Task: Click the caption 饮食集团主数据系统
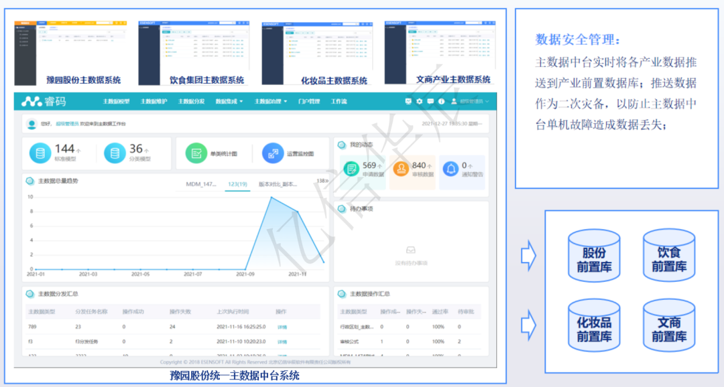pos(202,80)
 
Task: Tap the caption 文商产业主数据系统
pos(453,80)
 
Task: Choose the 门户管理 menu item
pos(309,102)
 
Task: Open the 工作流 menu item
pos(339,102)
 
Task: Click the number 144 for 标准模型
pos(64,149)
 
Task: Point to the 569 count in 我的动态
pos(369,165)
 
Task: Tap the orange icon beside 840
pos(401,169)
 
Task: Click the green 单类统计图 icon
pos(195,153)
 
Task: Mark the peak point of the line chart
pos(271,197)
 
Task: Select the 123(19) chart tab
pos(237,183)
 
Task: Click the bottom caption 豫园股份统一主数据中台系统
pos(235,376)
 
